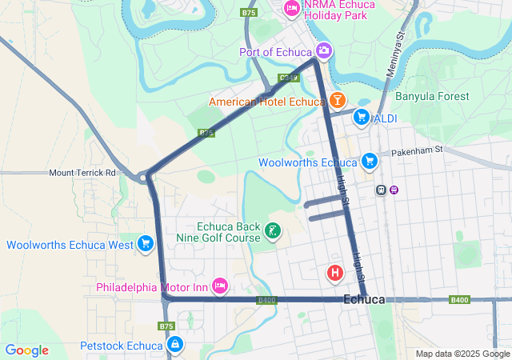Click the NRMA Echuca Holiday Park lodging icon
pos(292,9)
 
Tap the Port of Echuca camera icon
pos(324,51)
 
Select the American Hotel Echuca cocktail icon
pos(337,101)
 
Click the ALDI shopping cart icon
pos(362,118)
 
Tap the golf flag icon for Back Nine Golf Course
pos(273,232)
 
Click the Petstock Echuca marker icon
pos(174,345)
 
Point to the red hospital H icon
pos(335,274)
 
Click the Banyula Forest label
pos(432,97)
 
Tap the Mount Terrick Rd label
pos(82,172)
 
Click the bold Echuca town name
pos(363,300)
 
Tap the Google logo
pos(26,350)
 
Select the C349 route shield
pos(289,78)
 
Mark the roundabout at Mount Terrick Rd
pos(144,177)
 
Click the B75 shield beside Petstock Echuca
pos(166,326)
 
